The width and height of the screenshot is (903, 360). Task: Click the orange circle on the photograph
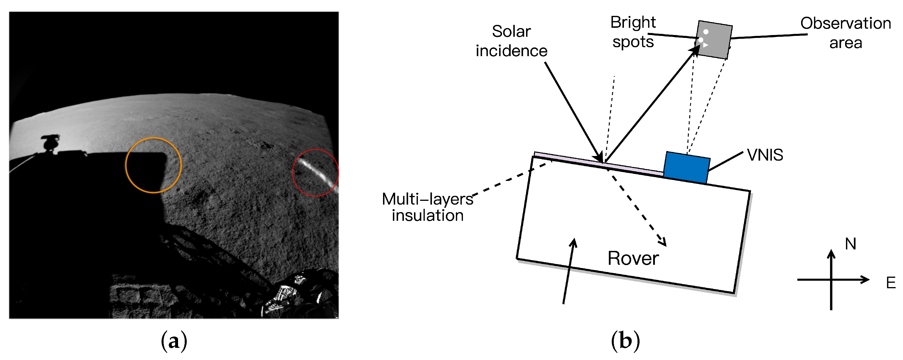pyautogui.click(x=153, y=138)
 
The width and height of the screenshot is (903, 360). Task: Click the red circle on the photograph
pyautogui.click(x=316, y=150)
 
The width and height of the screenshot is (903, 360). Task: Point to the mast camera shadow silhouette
pyautogui.click(x=50, y=143)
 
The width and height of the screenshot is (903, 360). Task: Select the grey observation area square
pyautogui.click(x=714, y=40)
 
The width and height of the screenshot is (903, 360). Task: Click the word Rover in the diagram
pyautogui.click(x=633, y=259)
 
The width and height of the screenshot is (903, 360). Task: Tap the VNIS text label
pyautogui.click(x=765, y=155)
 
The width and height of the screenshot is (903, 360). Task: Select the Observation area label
pyautogui.click(x=845, y=33)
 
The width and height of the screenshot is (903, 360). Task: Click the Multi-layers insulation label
pyautogui.click(x=427, y=207)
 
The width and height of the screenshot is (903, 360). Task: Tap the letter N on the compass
pyautogui.click(x=850, y=244)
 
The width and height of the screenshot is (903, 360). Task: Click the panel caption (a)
pyautogui.click(x=174, y=341)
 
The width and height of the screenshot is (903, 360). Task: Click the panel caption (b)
pyautogui.click(x=625, y=341)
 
